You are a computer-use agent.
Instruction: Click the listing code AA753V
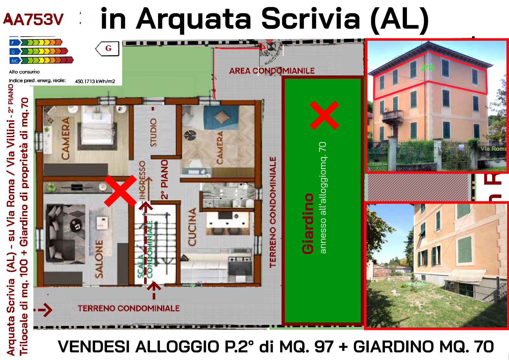tap(33, 19)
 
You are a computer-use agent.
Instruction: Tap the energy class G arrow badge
tap(108, 48)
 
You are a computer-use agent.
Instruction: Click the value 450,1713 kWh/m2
tap(95, 81)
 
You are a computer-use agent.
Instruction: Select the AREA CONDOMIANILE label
tap(272, 71)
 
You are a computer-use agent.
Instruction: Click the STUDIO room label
tap(153, 132)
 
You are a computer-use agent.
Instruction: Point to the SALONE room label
tap(99, 259)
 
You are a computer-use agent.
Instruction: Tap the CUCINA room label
tap(192, 227)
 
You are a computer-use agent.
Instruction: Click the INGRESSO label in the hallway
tap(142, 180)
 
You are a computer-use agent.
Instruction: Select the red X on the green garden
tap(324, 115)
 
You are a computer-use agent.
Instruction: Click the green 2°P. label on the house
tap(428, 68)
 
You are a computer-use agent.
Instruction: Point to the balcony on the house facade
tap(393, 116)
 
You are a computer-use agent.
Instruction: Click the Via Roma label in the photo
tap(493, 149)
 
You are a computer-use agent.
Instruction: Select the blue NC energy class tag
tap(15, 61)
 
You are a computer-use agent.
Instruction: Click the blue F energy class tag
tap(13, 43)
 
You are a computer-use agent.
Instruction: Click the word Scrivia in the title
tap(310, 19)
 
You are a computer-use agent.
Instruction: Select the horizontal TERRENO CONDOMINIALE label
tap(129, 308)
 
